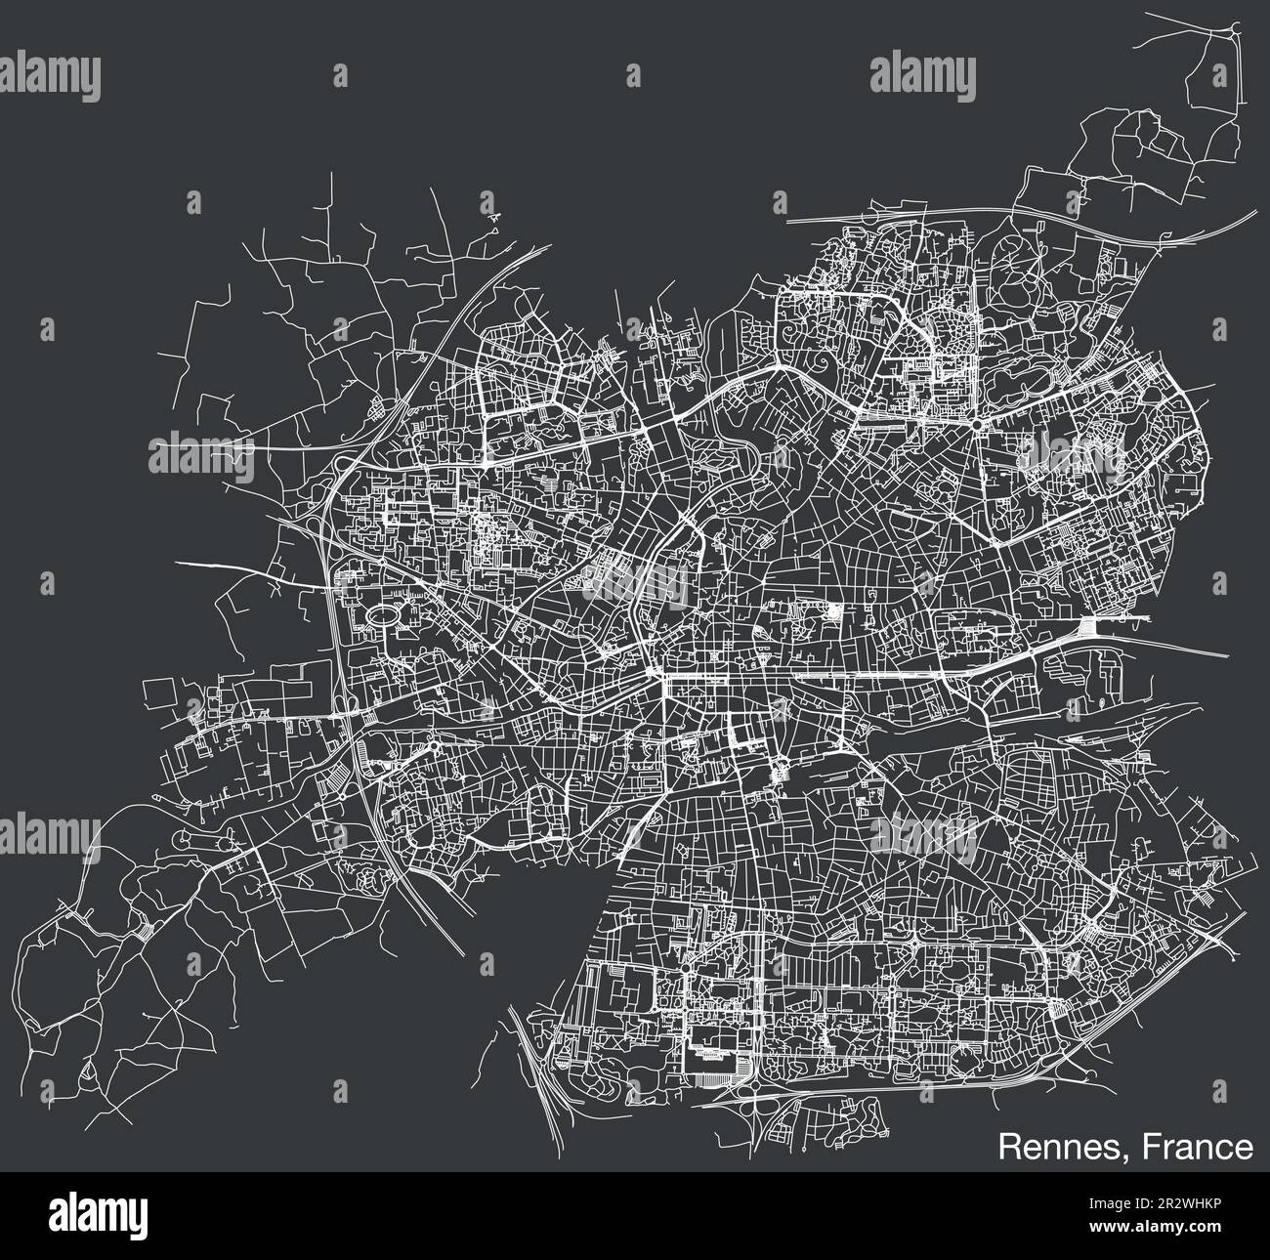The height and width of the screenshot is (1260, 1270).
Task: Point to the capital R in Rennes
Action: (1007, 1147)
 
